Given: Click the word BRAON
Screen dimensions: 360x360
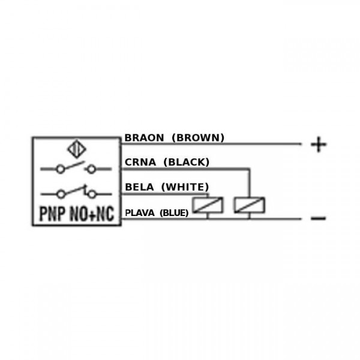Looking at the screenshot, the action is pos(144,138).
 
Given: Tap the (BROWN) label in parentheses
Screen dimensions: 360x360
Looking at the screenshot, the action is pos(198,138).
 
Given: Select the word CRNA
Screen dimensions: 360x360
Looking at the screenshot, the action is pos(140,162).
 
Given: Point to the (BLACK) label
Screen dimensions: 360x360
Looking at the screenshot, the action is pos(187,162).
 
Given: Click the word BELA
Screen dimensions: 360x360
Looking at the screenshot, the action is pos(139,187).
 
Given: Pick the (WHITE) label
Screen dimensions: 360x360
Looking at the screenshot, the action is pos(185,187).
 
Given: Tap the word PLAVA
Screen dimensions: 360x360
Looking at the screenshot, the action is pos(140,213).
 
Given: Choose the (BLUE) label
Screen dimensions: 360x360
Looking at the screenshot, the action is pos(174,213).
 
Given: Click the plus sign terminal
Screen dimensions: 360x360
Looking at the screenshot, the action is pos(319,145).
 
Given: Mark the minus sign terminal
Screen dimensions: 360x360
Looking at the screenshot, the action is pos(318,218).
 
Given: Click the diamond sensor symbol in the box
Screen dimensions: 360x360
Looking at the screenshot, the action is pos(77,149).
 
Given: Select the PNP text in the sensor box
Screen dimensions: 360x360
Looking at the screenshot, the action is pos(52,214).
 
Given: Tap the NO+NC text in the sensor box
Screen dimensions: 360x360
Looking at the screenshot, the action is pos(92,214).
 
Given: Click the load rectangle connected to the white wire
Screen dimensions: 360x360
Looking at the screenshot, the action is pos(208,205).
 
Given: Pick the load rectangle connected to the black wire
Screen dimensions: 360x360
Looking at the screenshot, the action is pos(250,205).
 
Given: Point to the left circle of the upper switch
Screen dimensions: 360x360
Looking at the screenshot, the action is pos(61,169).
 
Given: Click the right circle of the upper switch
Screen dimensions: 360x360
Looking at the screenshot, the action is pos(92,169).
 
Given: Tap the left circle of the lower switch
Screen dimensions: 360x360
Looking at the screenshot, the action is pos(61,194).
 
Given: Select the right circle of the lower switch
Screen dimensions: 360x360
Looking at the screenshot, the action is pos(92,194).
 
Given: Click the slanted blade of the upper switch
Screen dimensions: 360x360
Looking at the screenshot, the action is pos(74,166).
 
